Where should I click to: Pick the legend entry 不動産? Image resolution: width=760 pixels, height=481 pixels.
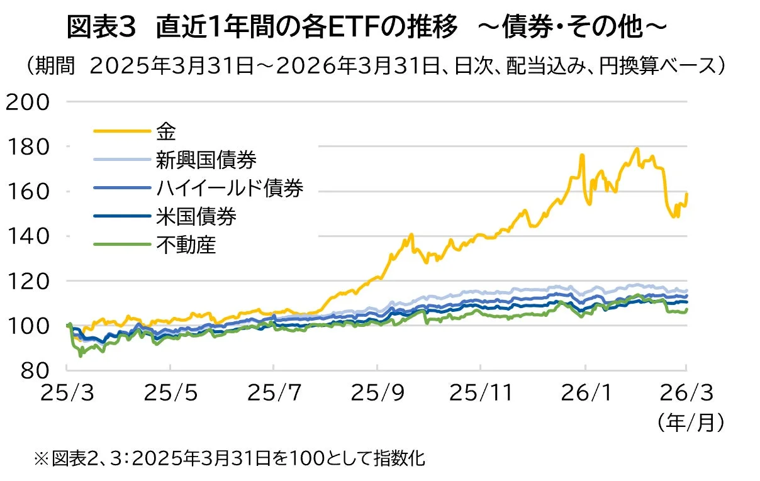pos(186,244)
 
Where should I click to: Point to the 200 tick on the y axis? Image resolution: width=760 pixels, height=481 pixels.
pos(27,102)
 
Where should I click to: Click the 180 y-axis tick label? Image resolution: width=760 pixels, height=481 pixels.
pos(27,147)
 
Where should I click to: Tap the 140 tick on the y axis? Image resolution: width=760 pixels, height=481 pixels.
pos(27,236)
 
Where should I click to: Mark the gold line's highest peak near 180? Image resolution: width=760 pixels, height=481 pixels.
pos(637,149)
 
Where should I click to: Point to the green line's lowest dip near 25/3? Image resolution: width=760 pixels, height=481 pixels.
pos(80,356)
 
